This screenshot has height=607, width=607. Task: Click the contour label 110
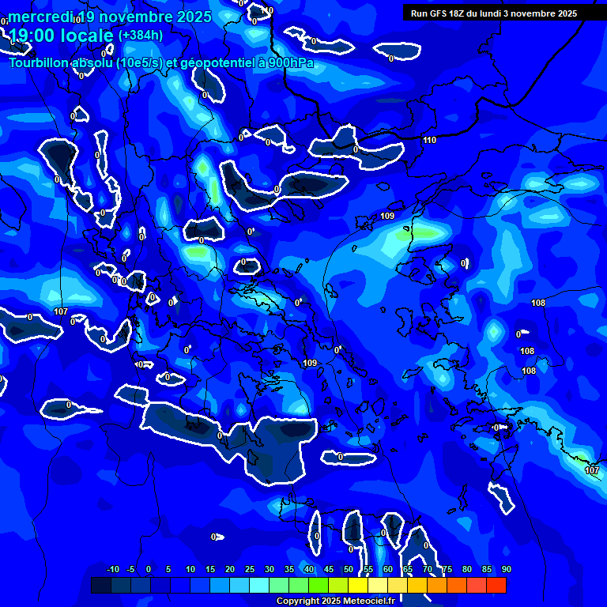coord(429,140)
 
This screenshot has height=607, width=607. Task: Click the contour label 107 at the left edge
coord(61,311)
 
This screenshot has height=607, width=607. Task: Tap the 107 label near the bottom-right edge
coord(592,470)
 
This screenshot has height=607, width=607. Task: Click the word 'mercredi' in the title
coord(40,17)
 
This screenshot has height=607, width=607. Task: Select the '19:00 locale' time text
coord(60,36)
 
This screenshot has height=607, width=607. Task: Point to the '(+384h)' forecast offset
coord(141,36)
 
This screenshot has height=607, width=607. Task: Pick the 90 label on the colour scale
coord(506,570)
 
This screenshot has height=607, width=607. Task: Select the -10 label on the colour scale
coord(113,570)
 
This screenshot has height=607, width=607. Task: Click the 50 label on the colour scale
coord(349,570)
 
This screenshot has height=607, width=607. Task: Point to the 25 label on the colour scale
coord(250,570)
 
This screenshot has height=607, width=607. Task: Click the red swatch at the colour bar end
coord(496,585)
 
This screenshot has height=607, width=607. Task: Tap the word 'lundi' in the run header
coord(492,13)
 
